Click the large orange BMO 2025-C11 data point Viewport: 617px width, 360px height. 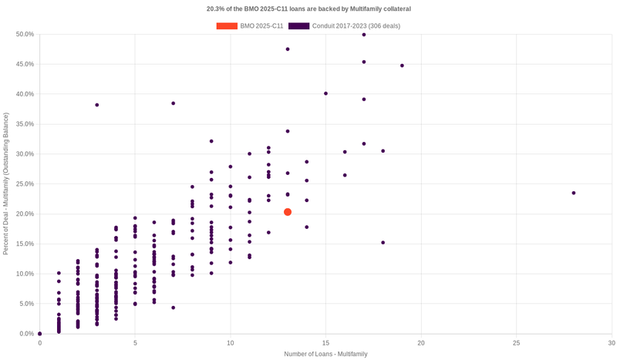point(288,212)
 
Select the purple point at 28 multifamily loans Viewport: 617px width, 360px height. point(574,193)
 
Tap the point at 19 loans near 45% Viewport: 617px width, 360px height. point(402,66)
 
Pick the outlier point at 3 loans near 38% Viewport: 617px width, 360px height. point(97,105)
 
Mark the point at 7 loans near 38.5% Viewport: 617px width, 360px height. point(174,103)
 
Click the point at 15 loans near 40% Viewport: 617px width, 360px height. point(325,93)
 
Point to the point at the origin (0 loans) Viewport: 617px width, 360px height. point(40,334)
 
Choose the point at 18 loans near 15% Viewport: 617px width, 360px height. point(383,243)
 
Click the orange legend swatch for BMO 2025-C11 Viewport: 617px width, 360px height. point(227,26)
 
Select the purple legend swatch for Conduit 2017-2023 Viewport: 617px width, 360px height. point(299,26)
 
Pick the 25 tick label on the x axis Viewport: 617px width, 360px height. point(516,342)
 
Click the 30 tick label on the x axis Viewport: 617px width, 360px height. point(611,342)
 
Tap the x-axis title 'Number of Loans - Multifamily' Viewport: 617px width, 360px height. point(325,354)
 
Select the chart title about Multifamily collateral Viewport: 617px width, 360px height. point(308,8)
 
